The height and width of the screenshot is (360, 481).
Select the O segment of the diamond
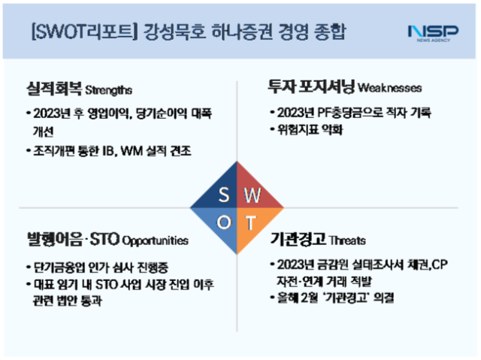(224, 223)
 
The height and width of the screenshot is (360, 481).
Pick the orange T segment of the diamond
(253, 223)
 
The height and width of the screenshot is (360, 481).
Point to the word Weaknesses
(386, 88)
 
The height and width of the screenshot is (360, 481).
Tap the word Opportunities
(155, 241)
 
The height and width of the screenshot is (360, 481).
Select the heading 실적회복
(50, 89)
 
